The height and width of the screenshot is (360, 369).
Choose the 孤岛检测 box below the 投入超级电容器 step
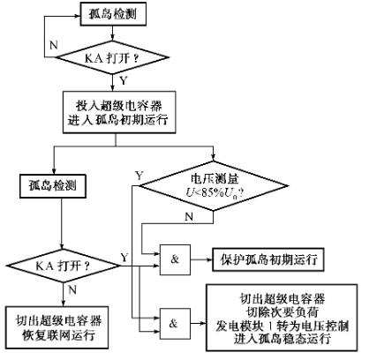coord(51,187)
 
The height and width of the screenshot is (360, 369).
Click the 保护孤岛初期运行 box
coord(268,262)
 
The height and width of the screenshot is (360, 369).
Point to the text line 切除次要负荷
coord(286,311)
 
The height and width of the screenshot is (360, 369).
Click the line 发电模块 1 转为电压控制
coord(286,326)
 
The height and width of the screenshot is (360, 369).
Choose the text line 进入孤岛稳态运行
coord(286,340)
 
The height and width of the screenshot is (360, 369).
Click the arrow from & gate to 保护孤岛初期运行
coord(202,262)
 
